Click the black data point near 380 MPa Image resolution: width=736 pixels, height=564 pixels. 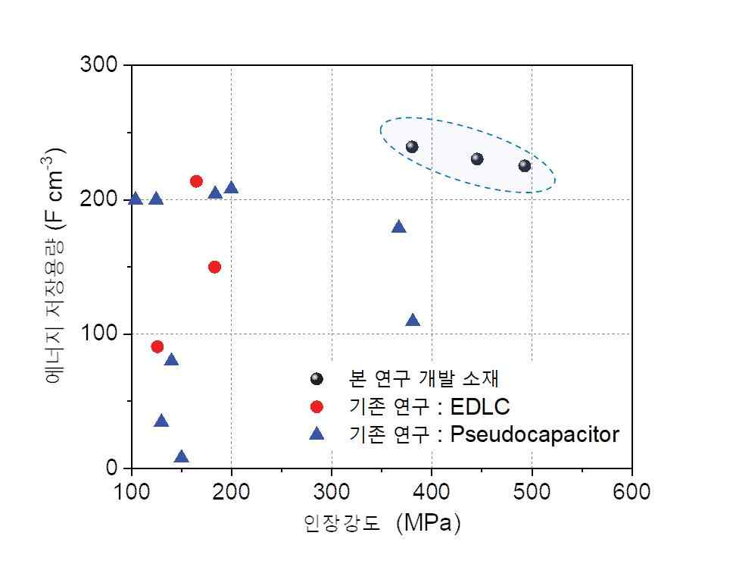point(412,147)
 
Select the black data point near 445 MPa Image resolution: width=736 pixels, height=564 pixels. point(477,159)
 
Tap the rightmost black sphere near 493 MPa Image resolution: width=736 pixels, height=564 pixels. point(525,166)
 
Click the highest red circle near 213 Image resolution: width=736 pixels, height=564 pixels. point(196,181)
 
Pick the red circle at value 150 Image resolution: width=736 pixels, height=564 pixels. point(214,267)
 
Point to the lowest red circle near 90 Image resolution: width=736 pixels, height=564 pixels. point(157,346)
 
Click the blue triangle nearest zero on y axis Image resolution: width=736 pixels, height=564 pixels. point(181,457)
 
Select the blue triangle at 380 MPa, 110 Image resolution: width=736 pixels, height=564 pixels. point(413,321)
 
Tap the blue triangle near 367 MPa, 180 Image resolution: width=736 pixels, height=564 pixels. point(399,227)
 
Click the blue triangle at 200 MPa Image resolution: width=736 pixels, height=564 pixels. point(232,188)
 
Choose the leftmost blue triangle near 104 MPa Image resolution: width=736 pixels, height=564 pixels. point(136,199)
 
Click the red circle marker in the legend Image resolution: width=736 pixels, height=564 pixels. point(317,407)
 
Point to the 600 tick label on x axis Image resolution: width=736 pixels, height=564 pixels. point(632,492)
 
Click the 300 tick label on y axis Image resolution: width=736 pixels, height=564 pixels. point(98,65)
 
